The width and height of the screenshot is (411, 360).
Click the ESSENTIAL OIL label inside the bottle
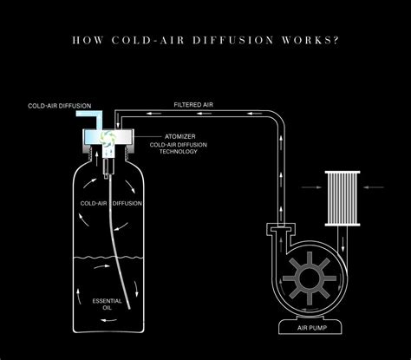point(108,304)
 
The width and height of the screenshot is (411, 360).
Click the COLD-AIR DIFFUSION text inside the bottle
point(112,203)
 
